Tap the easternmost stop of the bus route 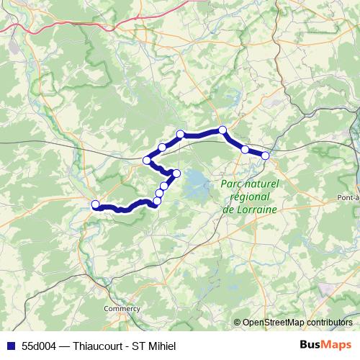[265, 156]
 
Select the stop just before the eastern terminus [246, 150]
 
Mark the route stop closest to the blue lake [176, 173]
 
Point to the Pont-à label [348, 197]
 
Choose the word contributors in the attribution [331, 322]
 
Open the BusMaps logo [323, 345]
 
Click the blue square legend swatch [9, 346]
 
